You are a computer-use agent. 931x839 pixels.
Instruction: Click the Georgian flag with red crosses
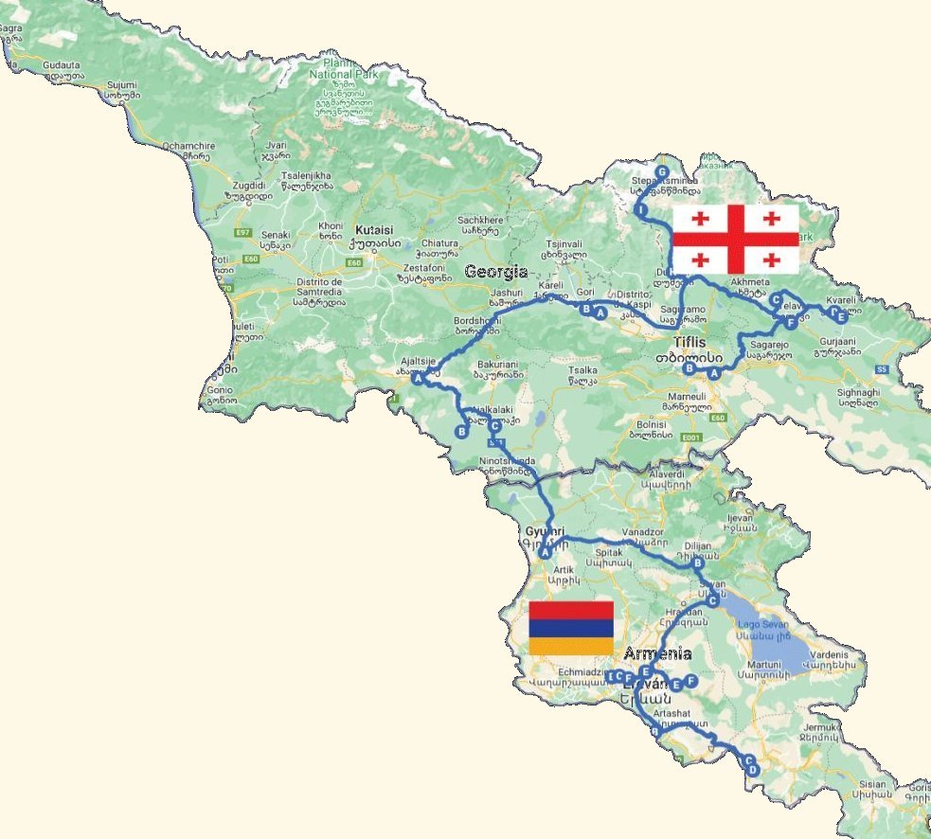(736, 239)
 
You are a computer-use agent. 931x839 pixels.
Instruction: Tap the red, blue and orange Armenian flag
(571, 628)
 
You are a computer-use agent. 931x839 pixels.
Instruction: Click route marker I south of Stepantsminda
(642, 209)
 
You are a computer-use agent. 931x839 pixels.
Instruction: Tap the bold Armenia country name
(657, 653)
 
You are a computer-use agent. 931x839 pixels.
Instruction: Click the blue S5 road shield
(881, 367)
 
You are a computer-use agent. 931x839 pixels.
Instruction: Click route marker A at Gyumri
(546, 552)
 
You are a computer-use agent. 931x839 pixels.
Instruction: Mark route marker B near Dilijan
(698, 562)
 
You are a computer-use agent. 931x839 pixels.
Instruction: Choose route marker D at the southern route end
(753, 771)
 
